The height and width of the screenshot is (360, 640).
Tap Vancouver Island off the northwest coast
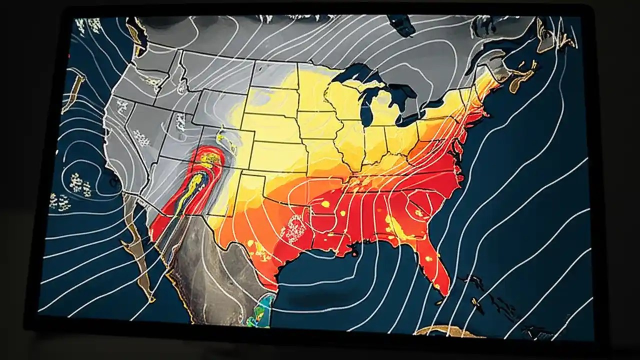[x=134, y=33]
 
